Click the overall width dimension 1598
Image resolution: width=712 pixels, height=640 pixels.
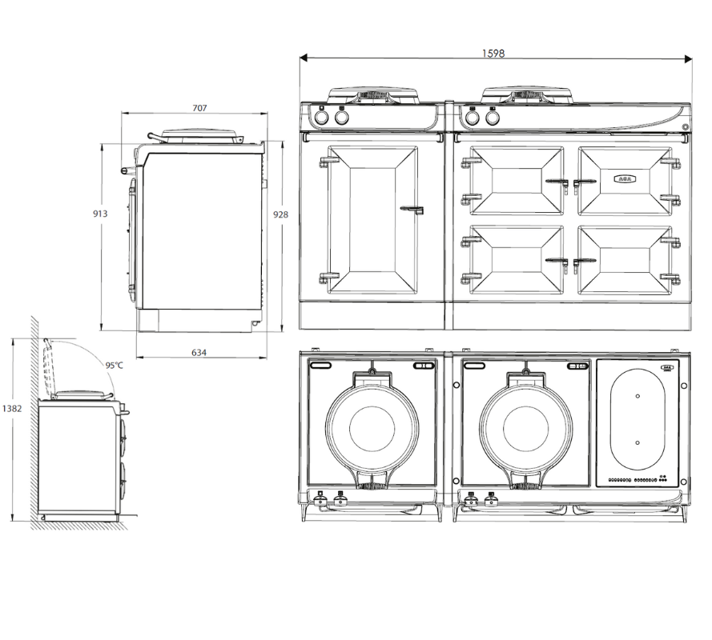[x=493, y=54]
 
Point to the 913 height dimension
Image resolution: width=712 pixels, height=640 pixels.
[x=100, y=214]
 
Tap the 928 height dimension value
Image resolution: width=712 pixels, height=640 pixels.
[x=280, y=214]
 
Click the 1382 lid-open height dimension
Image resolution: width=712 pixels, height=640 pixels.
[x=11, y=408]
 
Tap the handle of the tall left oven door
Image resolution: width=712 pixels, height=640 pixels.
[x=412, y=210]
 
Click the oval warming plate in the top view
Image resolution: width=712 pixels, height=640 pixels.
[x=637, y=418]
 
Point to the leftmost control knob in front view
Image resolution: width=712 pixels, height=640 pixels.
[x=321, y=118]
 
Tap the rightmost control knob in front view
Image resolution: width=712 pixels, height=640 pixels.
[x=493, y=118]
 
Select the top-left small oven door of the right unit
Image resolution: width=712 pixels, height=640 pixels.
[x=515, y=180]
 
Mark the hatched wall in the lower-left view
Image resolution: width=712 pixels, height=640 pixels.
[x=34, y=424]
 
